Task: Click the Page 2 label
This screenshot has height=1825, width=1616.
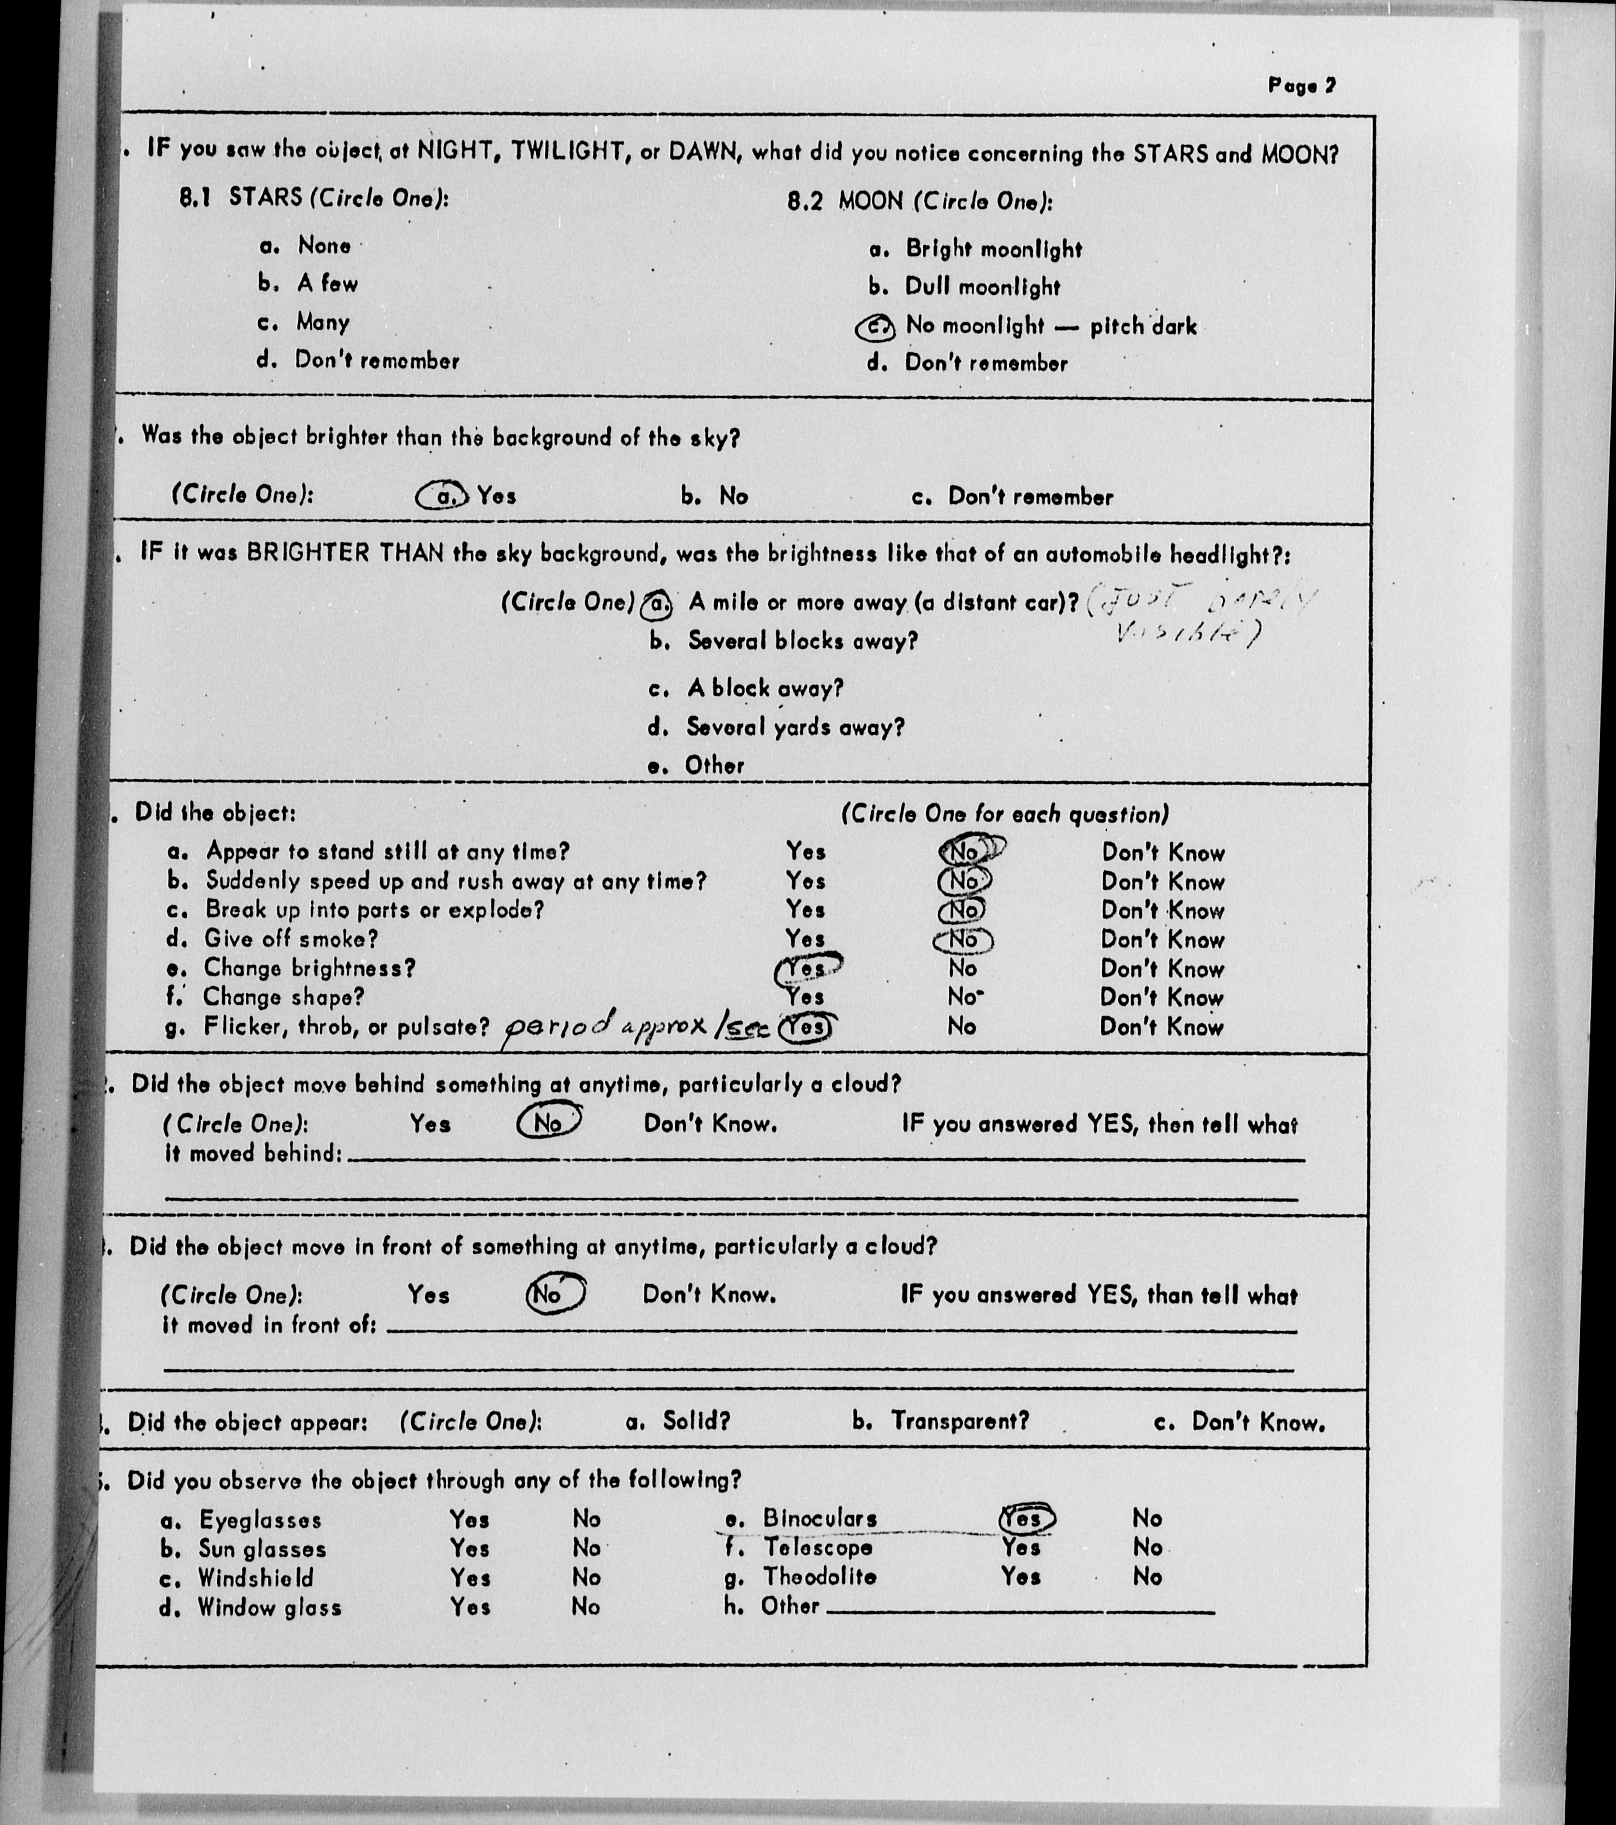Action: [x=1302, y=86]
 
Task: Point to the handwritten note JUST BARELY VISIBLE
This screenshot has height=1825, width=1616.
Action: [x=1197, y=616]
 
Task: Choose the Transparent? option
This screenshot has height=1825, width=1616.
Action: [x=959, y=1421]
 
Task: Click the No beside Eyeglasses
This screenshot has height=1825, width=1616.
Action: [x=586, y=1519]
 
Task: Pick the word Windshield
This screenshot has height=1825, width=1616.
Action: [x=255, y=1578]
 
